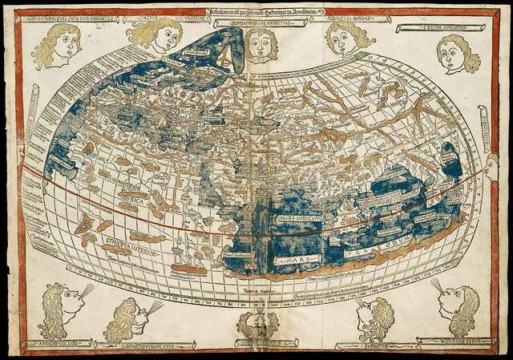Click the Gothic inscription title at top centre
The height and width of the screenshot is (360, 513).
(256, 10)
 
